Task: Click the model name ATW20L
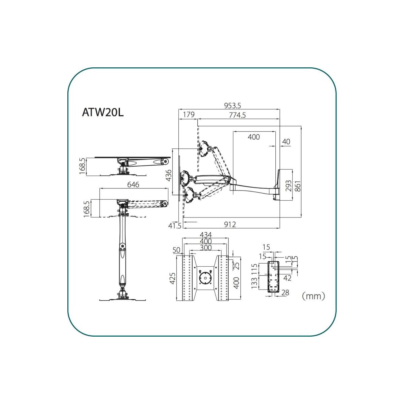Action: [103, 112]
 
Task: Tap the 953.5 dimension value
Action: [232, 106]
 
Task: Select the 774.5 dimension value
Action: [237, 115]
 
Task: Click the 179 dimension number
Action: [189, 115]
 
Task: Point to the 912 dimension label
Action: [230, 225]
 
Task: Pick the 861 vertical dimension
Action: [298, 186]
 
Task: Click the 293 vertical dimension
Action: [289, 186]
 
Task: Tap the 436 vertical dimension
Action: [168, 175]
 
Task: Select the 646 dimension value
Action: [133, 184]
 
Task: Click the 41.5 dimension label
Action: [174, 226]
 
